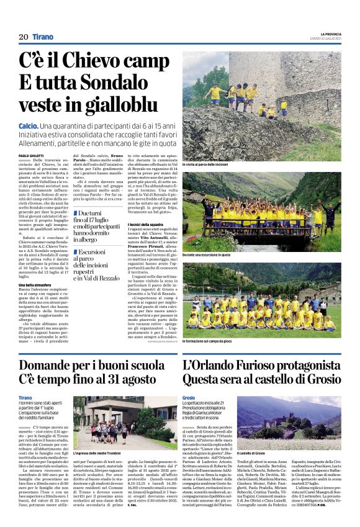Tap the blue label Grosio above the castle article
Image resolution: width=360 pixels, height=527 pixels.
click(x=189, y=397)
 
